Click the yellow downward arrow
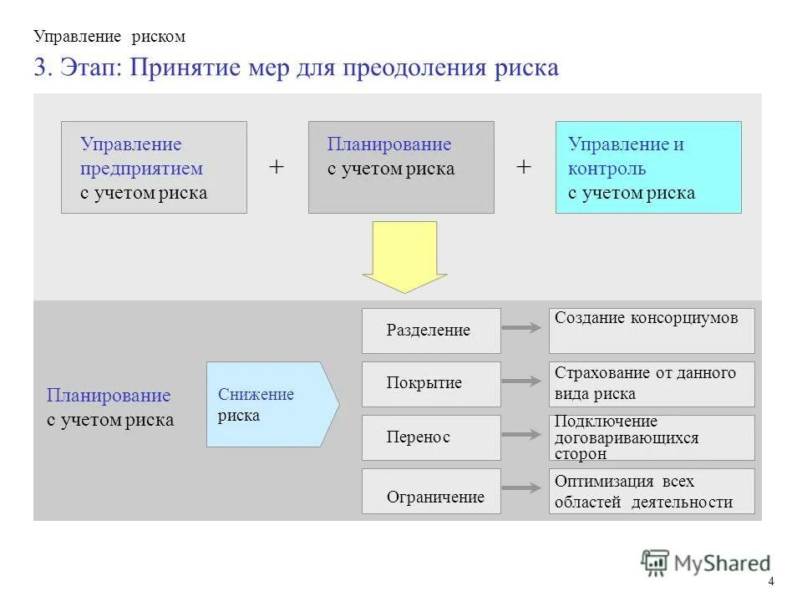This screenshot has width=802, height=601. (404, 255)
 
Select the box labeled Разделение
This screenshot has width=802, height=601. (431, 331)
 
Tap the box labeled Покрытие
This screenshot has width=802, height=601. (431, 384)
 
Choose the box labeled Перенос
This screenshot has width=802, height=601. (431, 437)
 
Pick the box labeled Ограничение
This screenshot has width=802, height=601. (431, 491)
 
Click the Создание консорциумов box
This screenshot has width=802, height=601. (651, 331)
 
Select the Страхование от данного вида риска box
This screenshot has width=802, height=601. (651, 384)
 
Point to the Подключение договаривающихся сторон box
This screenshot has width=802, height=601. (651, 437)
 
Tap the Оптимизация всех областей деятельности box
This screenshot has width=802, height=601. (651, 491)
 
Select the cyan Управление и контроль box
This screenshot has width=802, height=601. (648, 167)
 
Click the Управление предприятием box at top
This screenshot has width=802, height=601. (154, 167)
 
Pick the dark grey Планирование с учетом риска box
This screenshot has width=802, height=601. (401, 167)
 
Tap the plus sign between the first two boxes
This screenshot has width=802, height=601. (277, 167)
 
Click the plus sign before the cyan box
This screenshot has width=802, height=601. (524, 167)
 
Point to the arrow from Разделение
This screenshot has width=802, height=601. (524, 329)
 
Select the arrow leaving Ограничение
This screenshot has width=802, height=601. (524, 488)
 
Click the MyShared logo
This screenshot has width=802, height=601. (706, 563)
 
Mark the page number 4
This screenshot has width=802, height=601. (770, 582)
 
